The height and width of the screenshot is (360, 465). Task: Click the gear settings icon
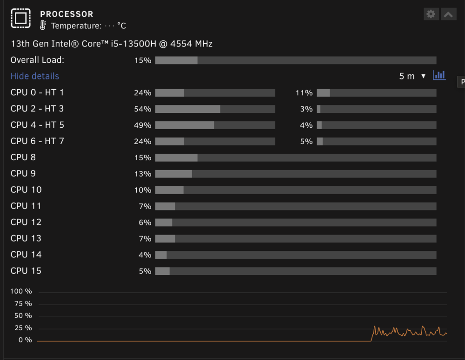[431, 14]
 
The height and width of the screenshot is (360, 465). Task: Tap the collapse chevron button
[448, 14]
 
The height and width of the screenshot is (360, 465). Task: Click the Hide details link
[35, 76]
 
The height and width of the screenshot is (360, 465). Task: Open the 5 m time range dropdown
[412, 76]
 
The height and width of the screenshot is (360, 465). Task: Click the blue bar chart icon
[439, 75]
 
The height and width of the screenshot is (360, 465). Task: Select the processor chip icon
[21, 19]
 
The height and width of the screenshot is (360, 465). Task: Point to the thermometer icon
[43, 26]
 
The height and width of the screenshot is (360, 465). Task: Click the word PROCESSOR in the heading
[66, 14]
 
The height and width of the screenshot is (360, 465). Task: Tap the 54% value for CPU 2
[143, 109]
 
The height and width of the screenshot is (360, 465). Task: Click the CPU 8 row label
[23, 157]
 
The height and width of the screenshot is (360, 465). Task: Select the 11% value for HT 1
[304, 93]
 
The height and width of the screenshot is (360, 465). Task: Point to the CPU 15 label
[26, 271]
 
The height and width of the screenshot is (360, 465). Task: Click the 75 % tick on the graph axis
[23, 303]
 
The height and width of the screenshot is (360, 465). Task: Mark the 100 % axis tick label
[21, 291]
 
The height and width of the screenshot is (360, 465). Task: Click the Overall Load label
[37, 60]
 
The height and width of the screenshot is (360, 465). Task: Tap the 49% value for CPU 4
[143, 125]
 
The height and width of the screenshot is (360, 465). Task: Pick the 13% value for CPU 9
[143, 174]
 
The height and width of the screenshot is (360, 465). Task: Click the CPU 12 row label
[26, 222]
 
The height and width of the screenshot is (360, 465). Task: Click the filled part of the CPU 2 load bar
[188, 109]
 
